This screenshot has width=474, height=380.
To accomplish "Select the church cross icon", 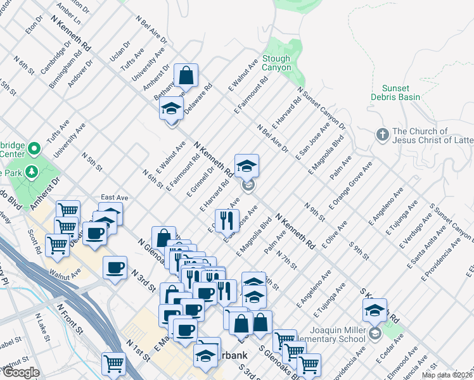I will coord(382,135).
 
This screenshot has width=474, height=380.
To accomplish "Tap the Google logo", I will coord(20,372).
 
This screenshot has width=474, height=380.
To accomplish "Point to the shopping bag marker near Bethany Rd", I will coord(187,76).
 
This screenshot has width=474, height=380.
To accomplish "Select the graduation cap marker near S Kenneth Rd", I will coord(375,310).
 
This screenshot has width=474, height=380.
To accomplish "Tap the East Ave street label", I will coord(115,198).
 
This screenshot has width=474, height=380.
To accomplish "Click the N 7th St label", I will coord(286,258).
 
